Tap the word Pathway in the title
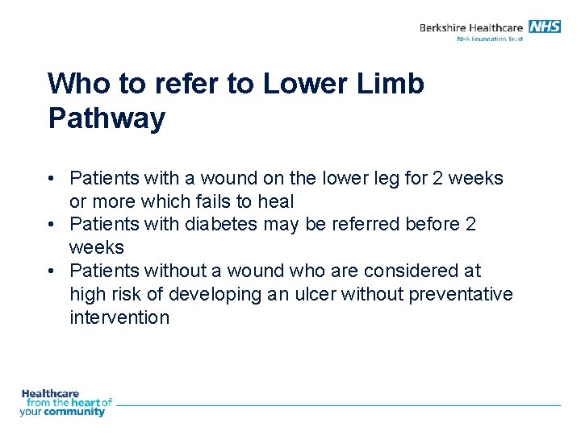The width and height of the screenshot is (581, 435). pyautogui.click(x=107, y=118)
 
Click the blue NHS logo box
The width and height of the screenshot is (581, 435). pyautogui.click(x=545, y=27)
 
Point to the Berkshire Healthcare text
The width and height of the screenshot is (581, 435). pyautogui.click(x=472, y=27)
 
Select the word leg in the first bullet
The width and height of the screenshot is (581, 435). pyautogui.click(x=385, y=177)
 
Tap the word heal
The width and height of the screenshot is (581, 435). pyautogui.click(x=275, y=201)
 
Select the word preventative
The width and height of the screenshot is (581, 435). pyautogui.click(x=461, y=294)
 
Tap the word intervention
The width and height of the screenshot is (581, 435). pyautogui.click(x=119, y=317)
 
